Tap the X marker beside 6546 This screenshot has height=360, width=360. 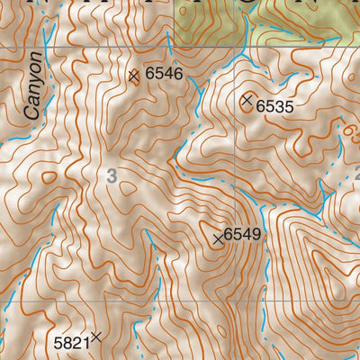point(134,76)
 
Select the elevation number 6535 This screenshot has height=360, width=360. point(275,106)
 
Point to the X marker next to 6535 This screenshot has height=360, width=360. point(247,101)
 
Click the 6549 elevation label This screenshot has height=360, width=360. point(242,234)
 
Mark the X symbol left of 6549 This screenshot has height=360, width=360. point(217,238)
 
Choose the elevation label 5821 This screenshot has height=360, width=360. point(72,342)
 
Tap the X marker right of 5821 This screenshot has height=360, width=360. point(96,337)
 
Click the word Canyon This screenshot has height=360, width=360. point(34,86)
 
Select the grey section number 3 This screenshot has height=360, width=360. point(111,177)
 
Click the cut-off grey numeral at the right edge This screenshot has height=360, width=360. point(355,177)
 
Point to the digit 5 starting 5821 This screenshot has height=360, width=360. point(58,342)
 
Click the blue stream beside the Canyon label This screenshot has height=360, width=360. point(50,99)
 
